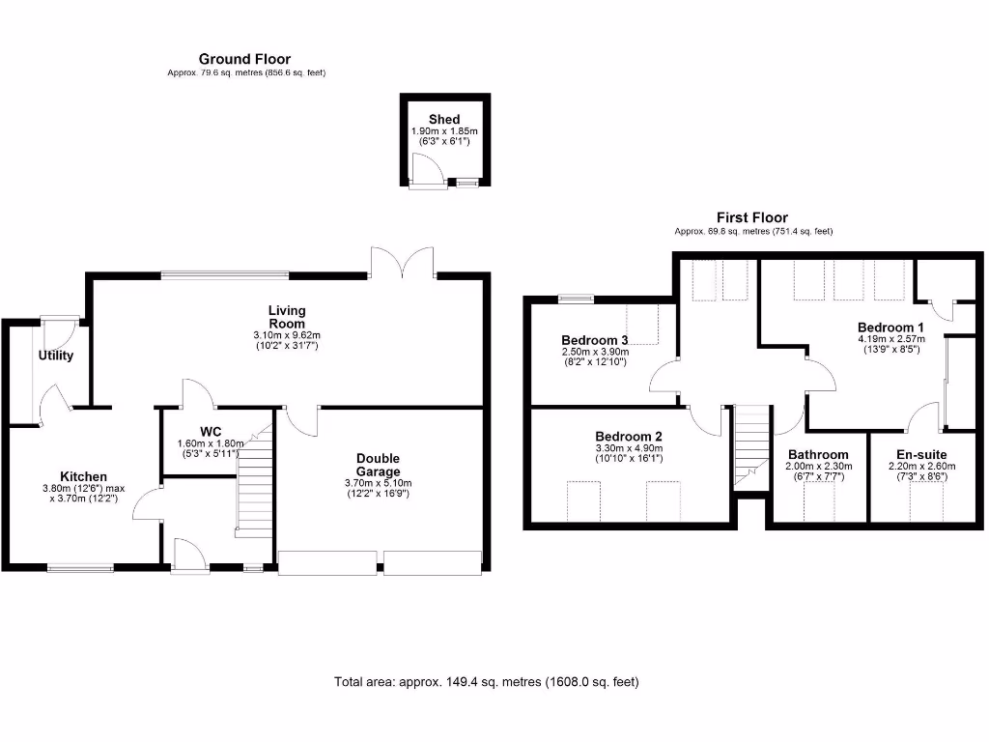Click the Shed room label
[444, 119]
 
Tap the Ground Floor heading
[244, 60]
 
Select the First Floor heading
[751, 218]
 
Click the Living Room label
[286, 316]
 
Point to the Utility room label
[55, 356]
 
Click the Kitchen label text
[83, 476]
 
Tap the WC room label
[212, 431]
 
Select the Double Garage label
[378, 465]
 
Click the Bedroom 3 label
[595, 340]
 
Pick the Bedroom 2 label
[628, 436]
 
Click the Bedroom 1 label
[890, 328]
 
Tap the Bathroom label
[817, 454]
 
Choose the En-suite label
[921, 454]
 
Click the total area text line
[486, 682]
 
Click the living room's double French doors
[403, 262]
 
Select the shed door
[426, 172]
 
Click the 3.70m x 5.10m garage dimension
[378, 483]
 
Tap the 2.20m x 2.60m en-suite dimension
[921, 466]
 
